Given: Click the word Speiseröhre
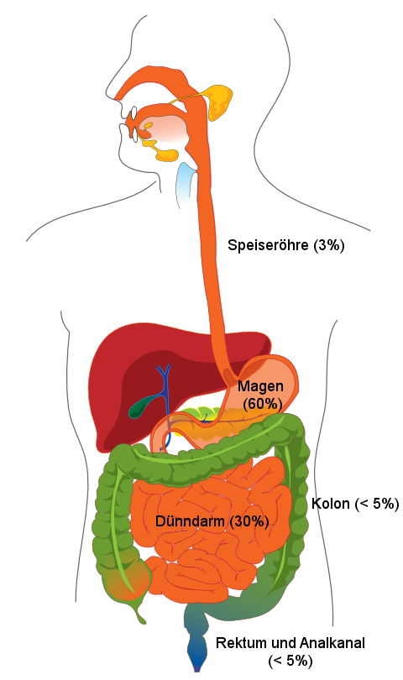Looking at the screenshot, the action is point(268,245).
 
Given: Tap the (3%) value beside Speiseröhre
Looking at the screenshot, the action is point(328,245).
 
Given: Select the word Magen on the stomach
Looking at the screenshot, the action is point(260,386).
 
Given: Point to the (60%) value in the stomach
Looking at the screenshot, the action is point(263,404).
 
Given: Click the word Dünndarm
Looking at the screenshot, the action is point(190,520).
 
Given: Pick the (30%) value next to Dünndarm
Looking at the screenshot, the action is point(249,520).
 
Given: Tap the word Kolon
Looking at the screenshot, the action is point(331,504).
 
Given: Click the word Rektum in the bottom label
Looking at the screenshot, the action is point(237,643).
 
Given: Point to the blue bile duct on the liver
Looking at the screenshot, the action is point(165,390).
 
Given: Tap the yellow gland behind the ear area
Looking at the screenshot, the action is point(219,102).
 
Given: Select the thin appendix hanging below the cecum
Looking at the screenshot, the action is point(139,610).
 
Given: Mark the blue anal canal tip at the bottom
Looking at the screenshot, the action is point(197,662).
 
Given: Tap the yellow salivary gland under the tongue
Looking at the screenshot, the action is point(164,153).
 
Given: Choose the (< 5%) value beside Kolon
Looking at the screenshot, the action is point(376,504).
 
